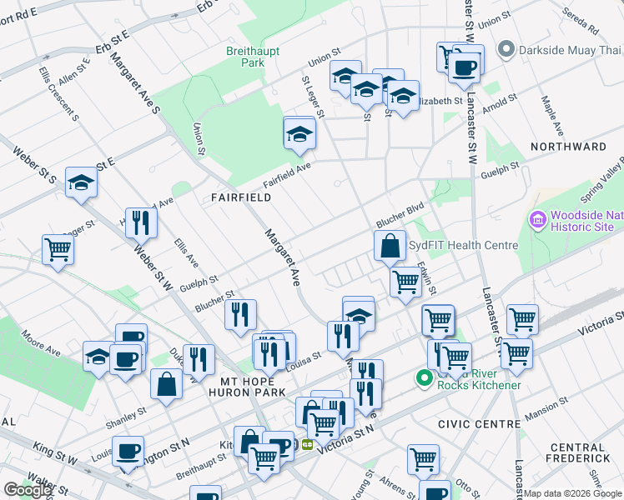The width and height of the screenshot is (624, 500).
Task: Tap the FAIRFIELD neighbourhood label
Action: coord(241,197)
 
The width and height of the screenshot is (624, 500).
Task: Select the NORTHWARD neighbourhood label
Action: coord(568,147)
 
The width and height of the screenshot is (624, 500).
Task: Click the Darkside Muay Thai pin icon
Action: coord(505,51)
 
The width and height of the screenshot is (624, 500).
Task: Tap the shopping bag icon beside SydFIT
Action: coord(390,247)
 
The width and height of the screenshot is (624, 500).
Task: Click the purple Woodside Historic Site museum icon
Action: coord(538,221)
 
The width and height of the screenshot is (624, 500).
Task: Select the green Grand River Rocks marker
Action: coord(424,378)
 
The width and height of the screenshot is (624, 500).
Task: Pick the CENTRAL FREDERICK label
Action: coord(576,452)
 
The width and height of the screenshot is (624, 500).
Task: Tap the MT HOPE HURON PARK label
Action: coord(248,386)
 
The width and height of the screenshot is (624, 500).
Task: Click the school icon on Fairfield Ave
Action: coord(299,134)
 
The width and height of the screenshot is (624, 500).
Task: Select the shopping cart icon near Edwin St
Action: coord(405,282)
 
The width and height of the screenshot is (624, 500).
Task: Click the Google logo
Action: coord(28,490)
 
